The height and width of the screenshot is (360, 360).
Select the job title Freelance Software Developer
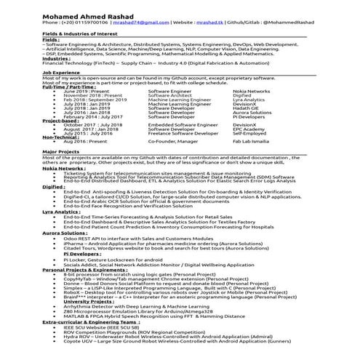coord(184,133)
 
